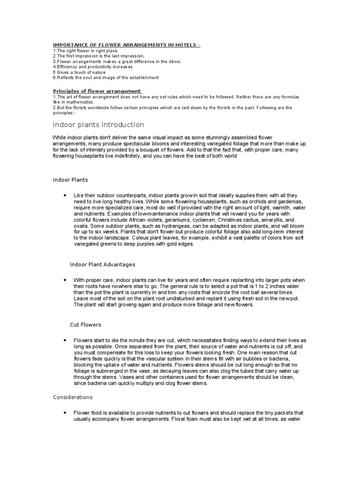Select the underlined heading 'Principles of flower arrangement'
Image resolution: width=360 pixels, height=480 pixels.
[97, 90]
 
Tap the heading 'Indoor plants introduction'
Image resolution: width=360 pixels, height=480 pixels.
[98, 125]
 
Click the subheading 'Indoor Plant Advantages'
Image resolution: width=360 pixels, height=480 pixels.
[102, 264]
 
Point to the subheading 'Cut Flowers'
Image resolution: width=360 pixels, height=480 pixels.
[85, 324]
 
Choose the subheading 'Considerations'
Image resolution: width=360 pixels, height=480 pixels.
[73, 397]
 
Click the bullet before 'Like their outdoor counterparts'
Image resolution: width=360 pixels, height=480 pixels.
[63, 195]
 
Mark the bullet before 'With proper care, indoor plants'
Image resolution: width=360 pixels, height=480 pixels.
[63, 280]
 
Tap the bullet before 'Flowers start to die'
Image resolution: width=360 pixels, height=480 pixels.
[63, 340]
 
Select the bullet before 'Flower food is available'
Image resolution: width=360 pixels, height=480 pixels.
[63, 412]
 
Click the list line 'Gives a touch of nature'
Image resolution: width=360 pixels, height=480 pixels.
[79, 73]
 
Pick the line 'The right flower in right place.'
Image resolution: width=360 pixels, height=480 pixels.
[86, 51]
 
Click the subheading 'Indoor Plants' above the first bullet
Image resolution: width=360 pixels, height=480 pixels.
[70, 180]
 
